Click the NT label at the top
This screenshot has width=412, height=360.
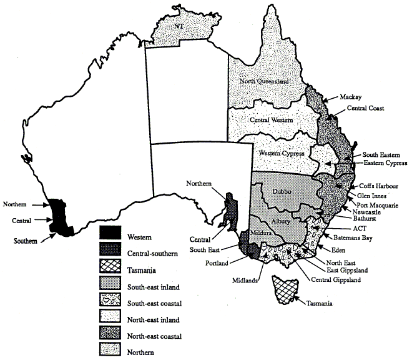point(179,27)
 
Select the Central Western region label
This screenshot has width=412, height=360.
point(271,120)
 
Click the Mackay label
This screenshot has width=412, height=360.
point(352,97)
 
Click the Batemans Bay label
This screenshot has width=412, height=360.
point(358,237)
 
